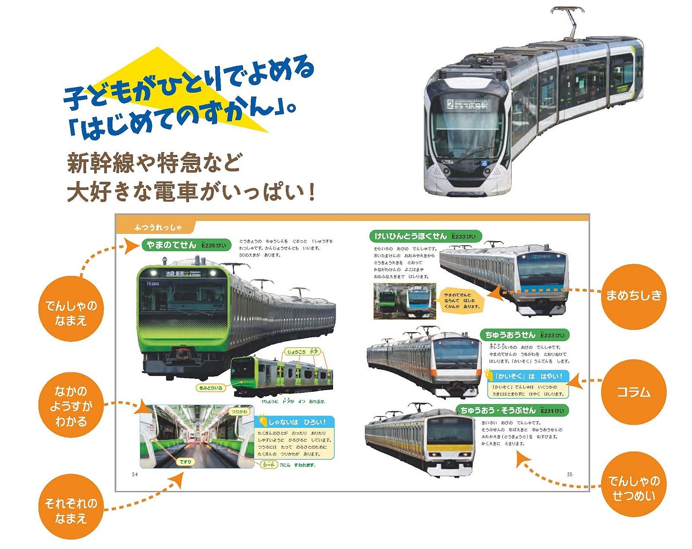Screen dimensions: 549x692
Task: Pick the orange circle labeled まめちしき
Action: [633, 296]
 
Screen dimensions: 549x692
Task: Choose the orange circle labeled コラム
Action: [633, 392]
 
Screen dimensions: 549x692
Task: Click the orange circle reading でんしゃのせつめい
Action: [633, 488]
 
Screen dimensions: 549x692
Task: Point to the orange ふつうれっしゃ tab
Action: [158, 227]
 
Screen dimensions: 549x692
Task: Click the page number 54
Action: [135, 475]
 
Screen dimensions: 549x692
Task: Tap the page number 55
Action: [570, 475]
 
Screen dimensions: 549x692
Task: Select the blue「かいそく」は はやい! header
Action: [528, 376]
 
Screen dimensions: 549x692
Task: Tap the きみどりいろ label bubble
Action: [211, 388]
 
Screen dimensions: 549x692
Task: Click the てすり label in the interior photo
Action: [186, 462]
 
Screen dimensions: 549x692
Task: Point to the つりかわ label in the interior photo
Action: [239, 412]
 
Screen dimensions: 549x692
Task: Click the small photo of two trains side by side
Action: [404, 301]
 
